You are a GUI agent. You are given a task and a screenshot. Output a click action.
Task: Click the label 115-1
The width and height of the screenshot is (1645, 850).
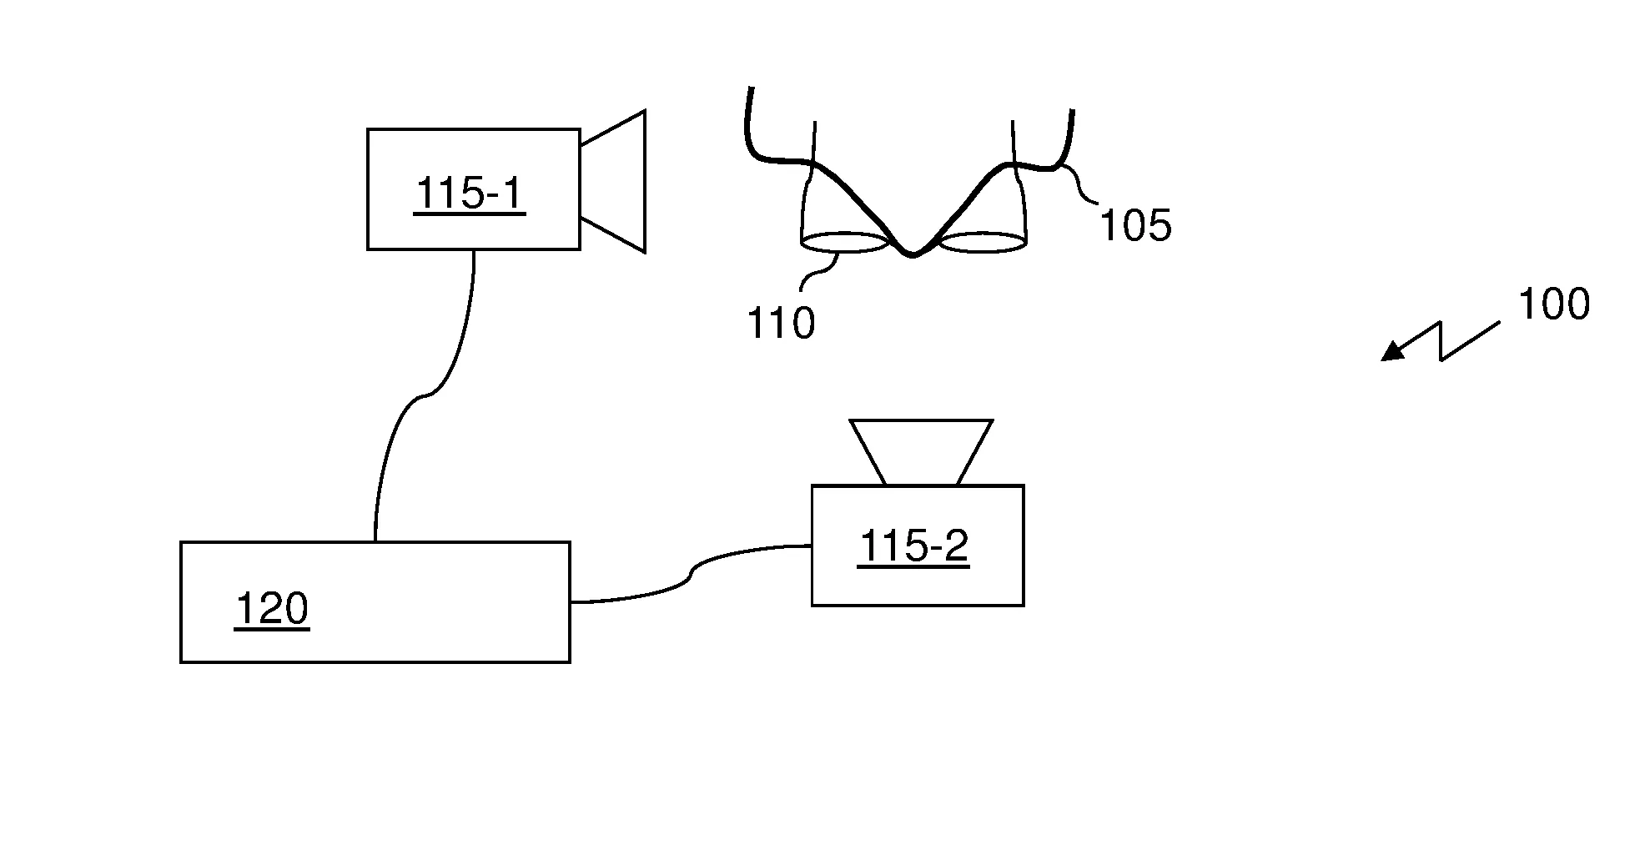pyautogui.click(x=469, y=194)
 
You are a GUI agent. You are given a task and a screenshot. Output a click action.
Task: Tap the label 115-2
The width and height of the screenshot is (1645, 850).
pyautogui.click(x=913, y=547)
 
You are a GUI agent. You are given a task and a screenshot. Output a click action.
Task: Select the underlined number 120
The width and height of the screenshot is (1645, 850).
pyautogui.click(x=272, y=609)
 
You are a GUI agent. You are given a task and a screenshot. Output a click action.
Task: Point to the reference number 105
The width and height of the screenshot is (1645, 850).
pyautogui.click(x=1136, y=225)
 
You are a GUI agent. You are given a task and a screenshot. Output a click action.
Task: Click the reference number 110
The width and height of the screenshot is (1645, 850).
pyautogui.click(x=781, y=323)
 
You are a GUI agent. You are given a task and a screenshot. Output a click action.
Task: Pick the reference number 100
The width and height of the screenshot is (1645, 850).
pyautogui.click(x=1553, y=304)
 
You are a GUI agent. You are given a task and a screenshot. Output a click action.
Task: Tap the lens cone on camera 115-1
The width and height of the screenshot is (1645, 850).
pyautogui.click(x=617, y=181)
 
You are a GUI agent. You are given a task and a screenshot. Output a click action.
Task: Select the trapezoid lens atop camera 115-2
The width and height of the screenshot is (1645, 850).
pyautogui.click(x=920, y=451)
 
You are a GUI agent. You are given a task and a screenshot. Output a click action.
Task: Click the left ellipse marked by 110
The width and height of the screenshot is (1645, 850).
pyautogui.click(x=843, y=244)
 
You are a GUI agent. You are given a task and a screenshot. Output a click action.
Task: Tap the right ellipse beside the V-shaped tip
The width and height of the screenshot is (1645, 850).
pyautogui.click(x=983, y=243)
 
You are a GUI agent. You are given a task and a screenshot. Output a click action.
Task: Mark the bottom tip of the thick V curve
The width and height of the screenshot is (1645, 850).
pyautogui.click(x=913, y=254)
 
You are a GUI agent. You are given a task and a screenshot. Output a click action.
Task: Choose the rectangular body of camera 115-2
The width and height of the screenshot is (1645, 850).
pyautogui.click(x=918, y=584)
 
